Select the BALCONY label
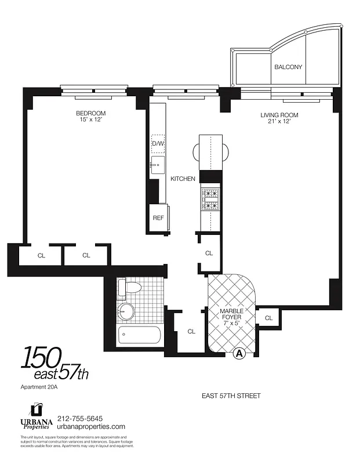(288, 67)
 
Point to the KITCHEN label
(183, 179)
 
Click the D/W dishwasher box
(158, 143)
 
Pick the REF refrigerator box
(158, 218)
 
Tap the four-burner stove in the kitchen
(209, 199)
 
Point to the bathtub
(139, 335)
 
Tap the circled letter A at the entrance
(238, 352)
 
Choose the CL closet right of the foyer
(268, 318)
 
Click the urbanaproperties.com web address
(96, 426)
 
